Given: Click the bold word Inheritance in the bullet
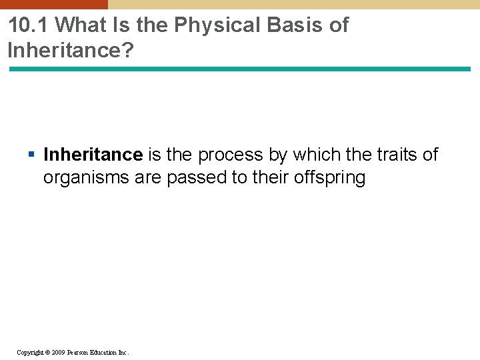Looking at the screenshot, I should click(93, 155).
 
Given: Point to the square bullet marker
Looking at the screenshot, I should click(32, 155).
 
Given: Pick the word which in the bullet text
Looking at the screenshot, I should click(315, 155).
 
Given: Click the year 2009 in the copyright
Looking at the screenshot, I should click(58, 352).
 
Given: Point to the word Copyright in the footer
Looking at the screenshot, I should click(30, 352).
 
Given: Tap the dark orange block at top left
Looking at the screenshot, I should click(53, 4).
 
